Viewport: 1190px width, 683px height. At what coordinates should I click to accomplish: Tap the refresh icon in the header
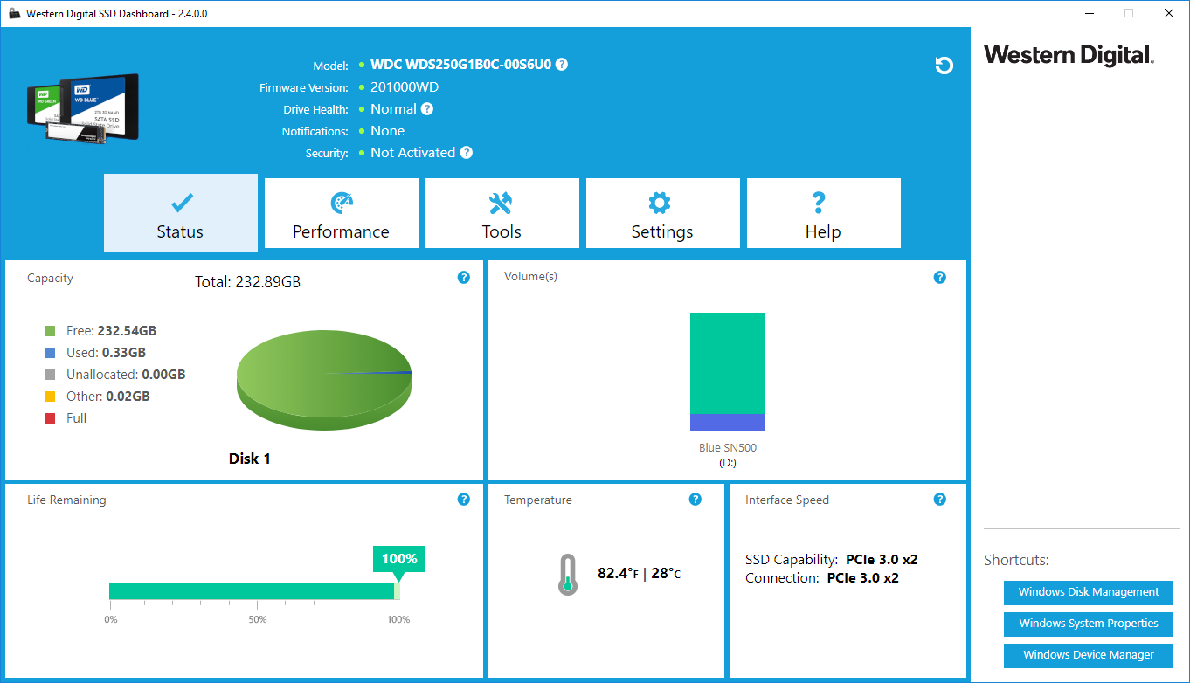944,66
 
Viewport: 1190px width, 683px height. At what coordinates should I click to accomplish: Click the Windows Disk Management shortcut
1088,592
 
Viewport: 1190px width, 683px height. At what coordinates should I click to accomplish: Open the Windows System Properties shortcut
1088,624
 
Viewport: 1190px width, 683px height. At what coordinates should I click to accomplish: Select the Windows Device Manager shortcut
1088,655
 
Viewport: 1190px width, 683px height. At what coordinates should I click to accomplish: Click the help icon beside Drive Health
427,109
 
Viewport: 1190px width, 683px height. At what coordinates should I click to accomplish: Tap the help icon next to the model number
562,64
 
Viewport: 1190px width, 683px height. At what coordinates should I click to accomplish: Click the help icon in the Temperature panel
695,500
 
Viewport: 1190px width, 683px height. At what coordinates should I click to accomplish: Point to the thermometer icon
567,575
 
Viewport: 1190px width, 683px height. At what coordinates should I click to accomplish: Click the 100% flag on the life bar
398,559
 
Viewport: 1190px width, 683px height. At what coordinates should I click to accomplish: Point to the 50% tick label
258,620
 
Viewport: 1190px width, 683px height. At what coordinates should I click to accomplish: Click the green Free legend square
50,331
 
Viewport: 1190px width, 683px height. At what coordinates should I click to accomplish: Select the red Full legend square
50,418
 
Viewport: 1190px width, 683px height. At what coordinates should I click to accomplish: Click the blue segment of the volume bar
727,422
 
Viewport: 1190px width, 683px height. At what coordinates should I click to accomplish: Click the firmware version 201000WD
405,87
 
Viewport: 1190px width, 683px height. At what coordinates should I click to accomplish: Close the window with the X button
1168,13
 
